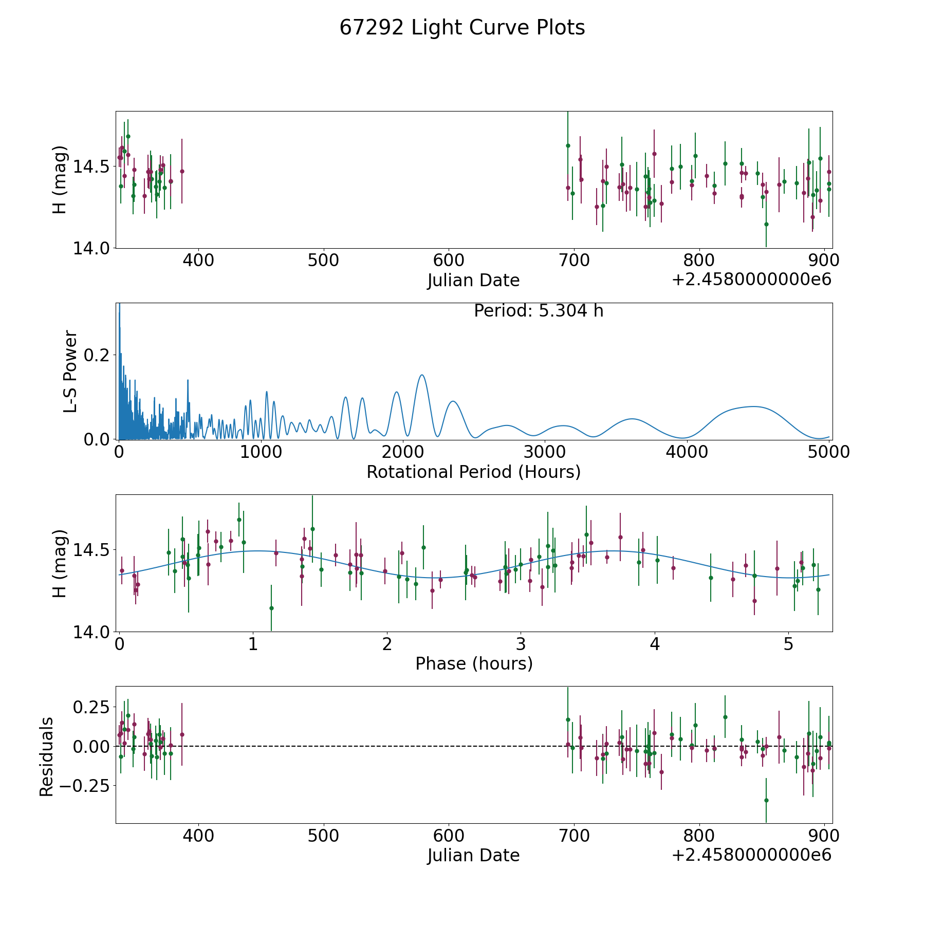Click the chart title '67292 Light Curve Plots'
point(462,28)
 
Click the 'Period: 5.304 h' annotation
point(539,311)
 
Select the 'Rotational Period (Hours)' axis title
point(473,472)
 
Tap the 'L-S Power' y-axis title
point(70,371)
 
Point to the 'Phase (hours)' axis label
point(474,663)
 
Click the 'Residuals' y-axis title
point(46,756)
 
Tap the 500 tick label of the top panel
point(323,260)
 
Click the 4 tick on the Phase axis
point(655,644)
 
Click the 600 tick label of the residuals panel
point(449,836)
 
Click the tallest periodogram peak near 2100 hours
point(421,375)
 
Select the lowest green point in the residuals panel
point(766,800)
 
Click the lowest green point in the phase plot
point(271,608)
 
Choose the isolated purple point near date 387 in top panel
point(182,171)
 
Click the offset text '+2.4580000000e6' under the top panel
point(751,280)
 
